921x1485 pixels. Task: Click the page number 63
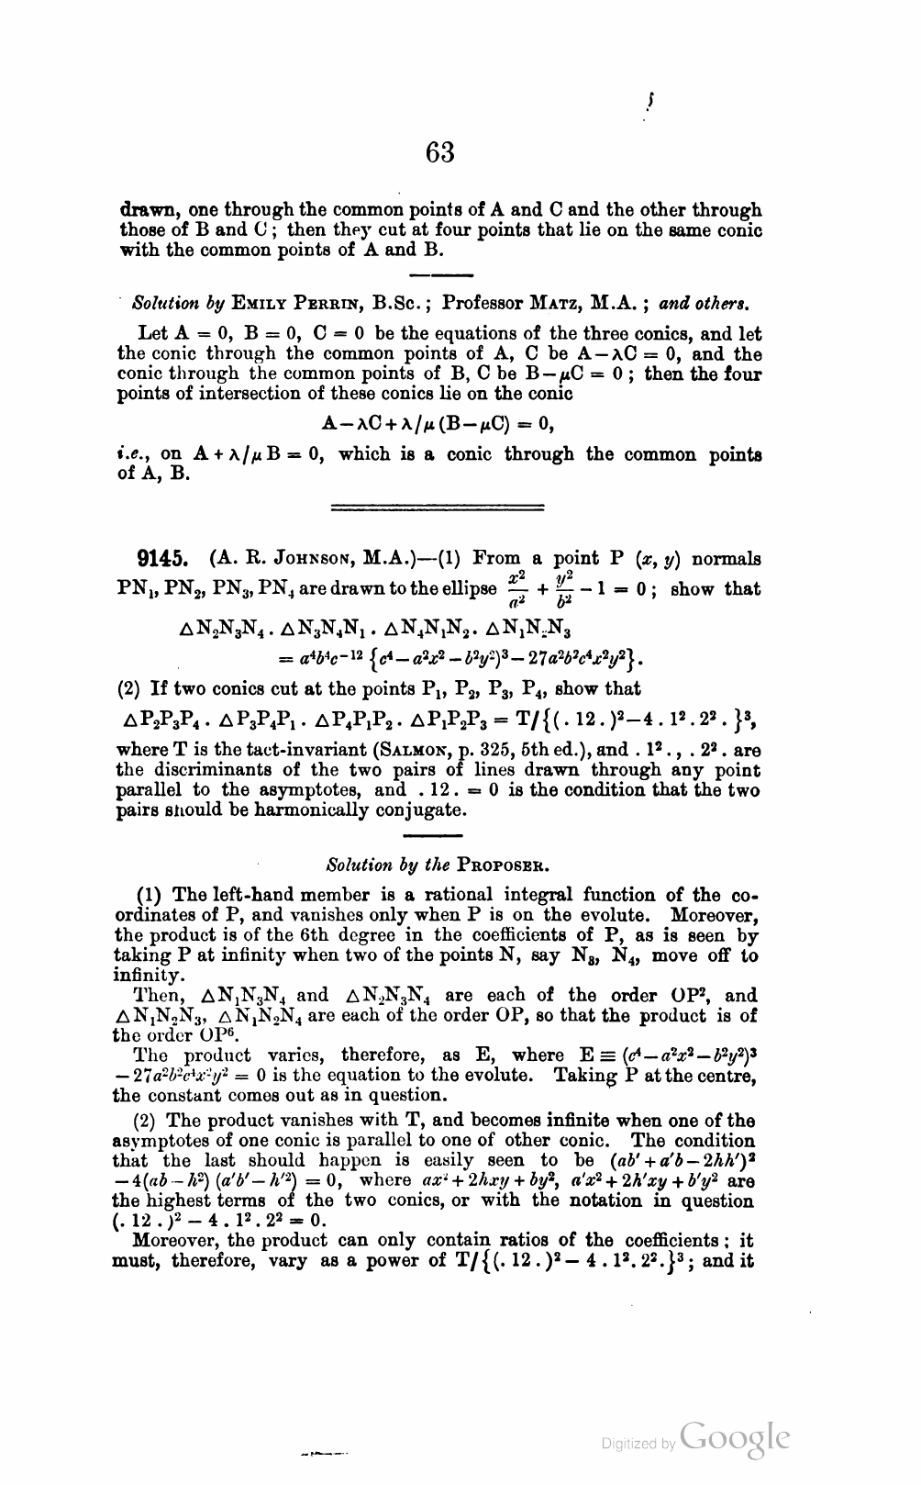[x=440, y=151]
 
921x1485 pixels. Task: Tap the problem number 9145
[x=161, y=559]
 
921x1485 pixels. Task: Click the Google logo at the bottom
[x=736, y=1438]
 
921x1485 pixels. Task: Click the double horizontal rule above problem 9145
[x=437, y=506]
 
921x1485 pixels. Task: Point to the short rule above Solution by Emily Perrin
[x=439, y=274]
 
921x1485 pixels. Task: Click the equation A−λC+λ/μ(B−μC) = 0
[x=438, y=424]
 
